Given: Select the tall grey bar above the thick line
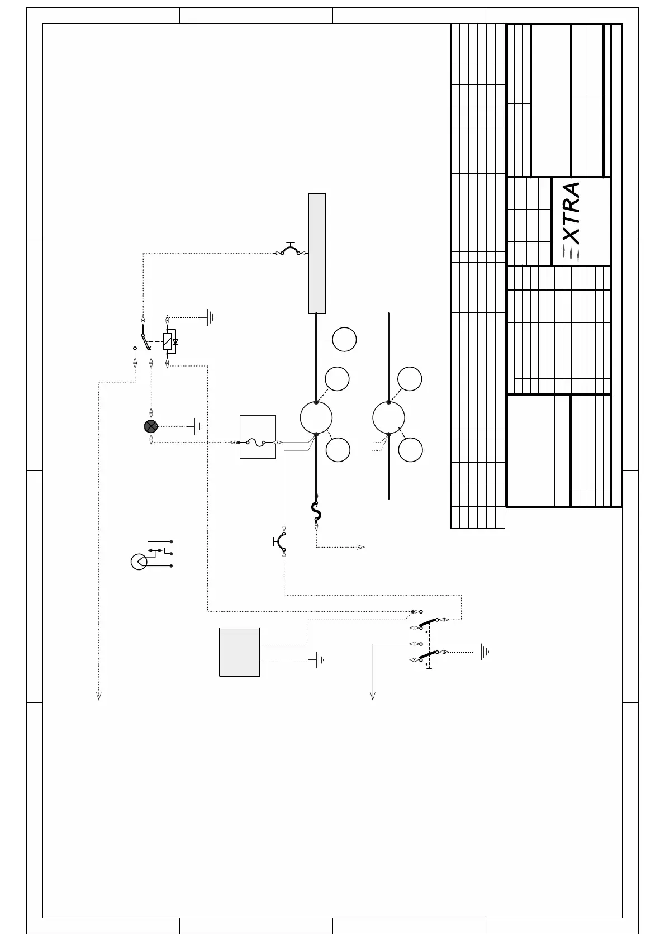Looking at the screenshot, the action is click(317, 253).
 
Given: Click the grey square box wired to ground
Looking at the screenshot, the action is click(240, 652).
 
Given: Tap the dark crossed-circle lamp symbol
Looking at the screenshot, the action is click(151, 426).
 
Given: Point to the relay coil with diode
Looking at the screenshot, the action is click(168, 341).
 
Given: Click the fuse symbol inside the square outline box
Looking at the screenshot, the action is click(258, 442).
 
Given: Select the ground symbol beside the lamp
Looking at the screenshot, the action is click(197, 426).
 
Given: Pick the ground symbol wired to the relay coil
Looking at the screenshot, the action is click(210, 317).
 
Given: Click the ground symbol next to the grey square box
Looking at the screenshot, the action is click(319, 660).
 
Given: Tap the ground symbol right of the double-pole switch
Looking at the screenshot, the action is click(484, 652).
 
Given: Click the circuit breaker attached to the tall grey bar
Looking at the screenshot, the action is click(290, 249).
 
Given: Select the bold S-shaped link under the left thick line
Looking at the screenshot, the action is click(316, 510).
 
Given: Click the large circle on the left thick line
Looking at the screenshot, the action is click(316, 417).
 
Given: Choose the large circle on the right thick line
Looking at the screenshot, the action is click(388, 417).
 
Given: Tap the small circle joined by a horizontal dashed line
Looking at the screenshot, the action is click(344, 340).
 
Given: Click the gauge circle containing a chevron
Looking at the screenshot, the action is click(139, 562).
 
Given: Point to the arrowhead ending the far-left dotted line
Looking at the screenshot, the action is click(99, 696).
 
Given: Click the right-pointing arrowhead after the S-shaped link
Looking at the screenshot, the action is click(362, 547).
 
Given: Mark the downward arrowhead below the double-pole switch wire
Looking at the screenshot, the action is click(373, 696).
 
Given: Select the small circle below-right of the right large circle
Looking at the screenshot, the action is click(411, 450).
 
